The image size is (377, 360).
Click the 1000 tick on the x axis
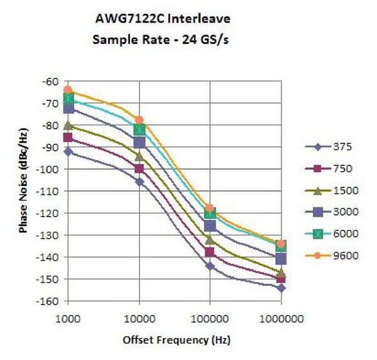[68, 320]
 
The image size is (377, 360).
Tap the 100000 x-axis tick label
[210, 320]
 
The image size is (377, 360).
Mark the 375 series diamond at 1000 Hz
[68, 151]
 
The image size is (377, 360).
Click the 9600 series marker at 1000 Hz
[68, 90]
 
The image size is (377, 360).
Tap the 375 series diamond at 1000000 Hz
[281, 288]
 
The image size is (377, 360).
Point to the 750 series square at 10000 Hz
[139, 168]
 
